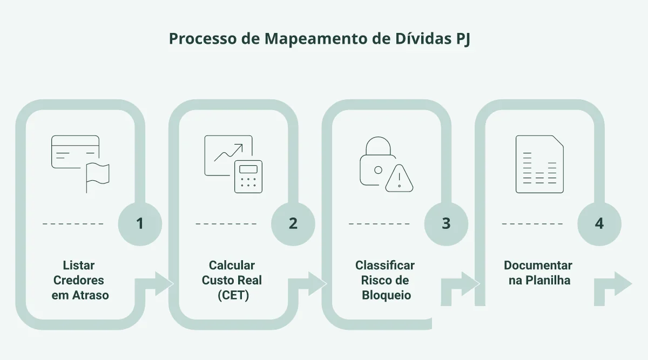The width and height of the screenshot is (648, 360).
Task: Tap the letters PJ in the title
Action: tap(463, 39)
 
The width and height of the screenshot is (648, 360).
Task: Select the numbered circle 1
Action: tap(140, 224)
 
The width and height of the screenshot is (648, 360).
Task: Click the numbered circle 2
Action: tap(293, 224)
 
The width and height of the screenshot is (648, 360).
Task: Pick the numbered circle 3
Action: tap(446, 224)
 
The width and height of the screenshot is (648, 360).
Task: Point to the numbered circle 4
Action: tap(599, 224)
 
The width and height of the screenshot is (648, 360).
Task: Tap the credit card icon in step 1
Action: tap(75, 152)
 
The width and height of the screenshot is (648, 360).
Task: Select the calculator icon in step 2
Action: tap(248, 176)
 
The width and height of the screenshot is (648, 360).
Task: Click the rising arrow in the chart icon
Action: tap(228, 152)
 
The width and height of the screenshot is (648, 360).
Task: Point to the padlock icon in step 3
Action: tap(378, 161)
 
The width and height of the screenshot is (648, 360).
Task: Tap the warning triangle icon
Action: tap(399, 178)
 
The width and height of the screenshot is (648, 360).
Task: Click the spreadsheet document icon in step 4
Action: tap(539, 164)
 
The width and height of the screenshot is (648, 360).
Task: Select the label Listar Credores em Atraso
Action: tap(80, 280)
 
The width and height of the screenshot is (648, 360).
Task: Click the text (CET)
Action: tap(233, 295)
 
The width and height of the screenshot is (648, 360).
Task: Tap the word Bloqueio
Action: tap(386, 295)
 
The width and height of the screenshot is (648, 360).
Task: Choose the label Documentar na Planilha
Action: tap(538, 273)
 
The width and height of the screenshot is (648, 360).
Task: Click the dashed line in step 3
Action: tap(379, 224)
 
